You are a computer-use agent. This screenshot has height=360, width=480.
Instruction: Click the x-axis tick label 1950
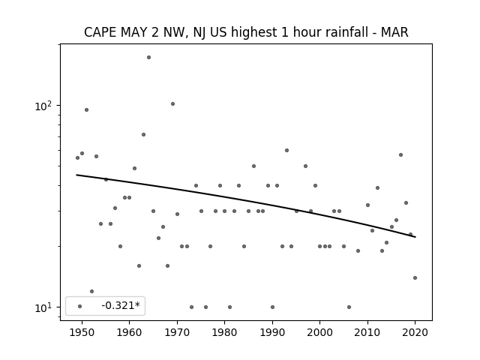[82, 332]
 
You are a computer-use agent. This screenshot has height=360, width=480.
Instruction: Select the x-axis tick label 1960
[129, 332]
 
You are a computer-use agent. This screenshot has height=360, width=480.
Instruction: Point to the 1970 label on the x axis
[177, 332]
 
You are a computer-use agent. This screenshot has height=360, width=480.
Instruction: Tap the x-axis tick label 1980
[224, 332]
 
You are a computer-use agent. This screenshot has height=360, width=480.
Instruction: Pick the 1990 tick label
[272, 332]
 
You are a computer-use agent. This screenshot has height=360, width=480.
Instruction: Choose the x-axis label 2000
[320, 332]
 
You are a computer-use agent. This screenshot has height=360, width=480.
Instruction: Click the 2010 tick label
[367, 332]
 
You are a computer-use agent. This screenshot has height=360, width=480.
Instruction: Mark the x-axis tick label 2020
[415, 332]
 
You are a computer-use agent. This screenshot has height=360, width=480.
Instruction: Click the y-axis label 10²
[43, 106]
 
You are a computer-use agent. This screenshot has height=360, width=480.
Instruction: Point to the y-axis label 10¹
[43, 307]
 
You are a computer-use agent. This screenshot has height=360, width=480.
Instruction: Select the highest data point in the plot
[148, 57]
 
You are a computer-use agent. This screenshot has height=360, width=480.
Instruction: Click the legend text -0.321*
[121, 305]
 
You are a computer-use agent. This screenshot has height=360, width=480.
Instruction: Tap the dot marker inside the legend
[80, 306]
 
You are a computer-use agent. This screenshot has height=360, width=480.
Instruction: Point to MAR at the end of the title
[394, 32]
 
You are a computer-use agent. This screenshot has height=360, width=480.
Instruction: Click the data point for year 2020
[415, 278]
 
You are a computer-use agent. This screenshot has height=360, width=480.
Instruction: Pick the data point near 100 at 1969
[172, 103]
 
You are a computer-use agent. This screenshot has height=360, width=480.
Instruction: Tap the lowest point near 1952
[91, 292]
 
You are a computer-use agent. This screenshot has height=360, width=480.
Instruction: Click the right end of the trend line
[415, 237]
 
